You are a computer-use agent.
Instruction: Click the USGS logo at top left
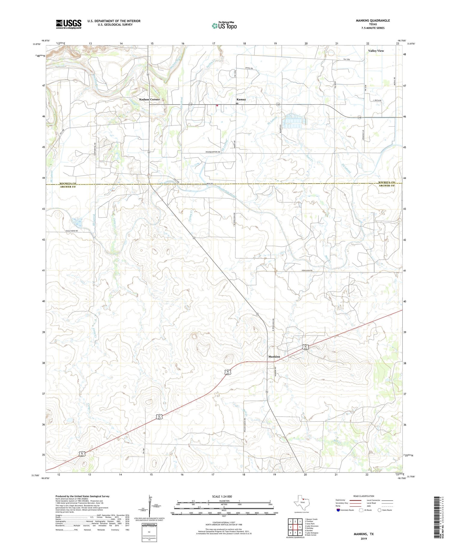pyautogui.click(x=69, y=24)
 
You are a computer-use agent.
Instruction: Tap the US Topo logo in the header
pyautogui.click(x=224, y=26)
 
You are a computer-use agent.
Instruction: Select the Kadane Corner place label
pyautogui.click(x=149, y=99)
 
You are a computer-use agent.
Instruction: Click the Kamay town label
pyautogui.click(x=241, y=99)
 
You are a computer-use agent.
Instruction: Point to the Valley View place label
pyautogui.click(x=376, y=51)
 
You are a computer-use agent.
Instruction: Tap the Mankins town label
pyautogui.click(x=274, y=357)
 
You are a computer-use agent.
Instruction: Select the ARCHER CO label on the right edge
pyautogui.click(x=386, y=185)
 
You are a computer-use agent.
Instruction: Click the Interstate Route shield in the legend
pyautogui.click(x=339, y=510)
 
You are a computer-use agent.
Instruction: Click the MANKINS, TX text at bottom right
pyautogui.click(x=363, y=534)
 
